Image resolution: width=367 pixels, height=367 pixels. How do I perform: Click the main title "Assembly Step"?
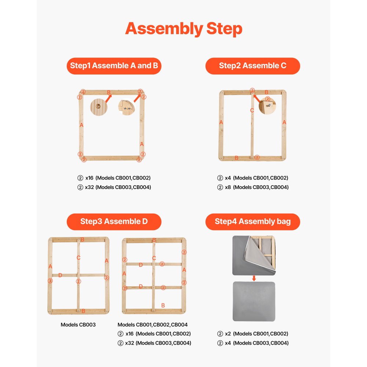pyautogui.click(x=183, y=29)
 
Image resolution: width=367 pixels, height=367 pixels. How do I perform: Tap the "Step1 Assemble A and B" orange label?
pyautogui.click(x=114, y=66)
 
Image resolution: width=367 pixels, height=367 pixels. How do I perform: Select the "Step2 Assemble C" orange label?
pyautogui.click(x=252, y=66)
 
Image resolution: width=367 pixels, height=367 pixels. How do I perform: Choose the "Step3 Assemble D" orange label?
pyautogui.click(x=114, y=221)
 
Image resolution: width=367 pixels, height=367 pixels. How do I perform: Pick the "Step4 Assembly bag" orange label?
pyautogui.click(x=252, y=221)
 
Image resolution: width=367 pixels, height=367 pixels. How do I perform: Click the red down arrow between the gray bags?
pyautogui.click(x=254, y=278)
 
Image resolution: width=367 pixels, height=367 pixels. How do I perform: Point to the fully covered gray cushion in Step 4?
pyautogui.click(x=254, y=301)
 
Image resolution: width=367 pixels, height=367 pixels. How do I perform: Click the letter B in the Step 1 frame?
pyautogui.click(x=109, y=92)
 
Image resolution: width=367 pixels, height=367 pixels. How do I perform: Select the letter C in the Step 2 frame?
pyautogui.click(x=252, y=110)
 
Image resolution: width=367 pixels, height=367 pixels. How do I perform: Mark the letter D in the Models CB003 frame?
pyautogui.click(x=60, y=275)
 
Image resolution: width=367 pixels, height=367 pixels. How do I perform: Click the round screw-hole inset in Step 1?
pyautogui.click(x=98, y=106)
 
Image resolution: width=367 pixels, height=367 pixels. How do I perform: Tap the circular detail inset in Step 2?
pyautogui.click(x=267, y=106)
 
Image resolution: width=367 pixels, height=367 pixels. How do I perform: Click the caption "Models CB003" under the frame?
pyautogui.click(x=78, y=325)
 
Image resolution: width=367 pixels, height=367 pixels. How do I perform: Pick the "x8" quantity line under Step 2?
pyautogui.click(x=252, y=187)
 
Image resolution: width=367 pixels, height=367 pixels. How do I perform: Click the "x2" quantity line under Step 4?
pyautogui.click(x=252, y=334)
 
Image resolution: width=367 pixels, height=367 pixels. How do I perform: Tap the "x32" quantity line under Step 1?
pyautogui.click(x=114, y=187)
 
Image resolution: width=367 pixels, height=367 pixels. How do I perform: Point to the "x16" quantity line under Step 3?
pyautogui.click(x=154, y=334)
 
